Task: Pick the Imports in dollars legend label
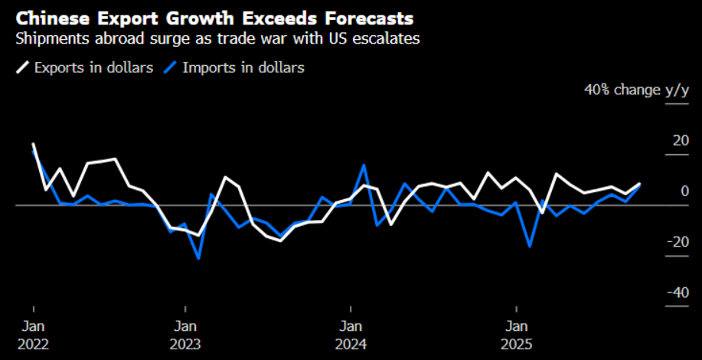coord(243,67)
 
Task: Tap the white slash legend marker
coord(22,67)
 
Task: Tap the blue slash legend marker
coord(171,67)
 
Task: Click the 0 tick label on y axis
coord(685,191)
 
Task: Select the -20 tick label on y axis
coord(678,241)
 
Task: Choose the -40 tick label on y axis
coord(678,292)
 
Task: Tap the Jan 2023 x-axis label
coord(184,335)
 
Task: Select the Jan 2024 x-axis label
coord(351,335)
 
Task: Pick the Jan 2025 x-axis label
coord(517,335)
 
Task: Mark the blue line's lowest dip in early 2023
coord(199,258)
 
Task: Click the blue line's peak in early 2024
coord(364,165)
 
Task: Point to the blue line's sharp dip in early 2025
coord(530,246)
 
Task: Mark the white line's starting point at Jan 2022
coord(33,144)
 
